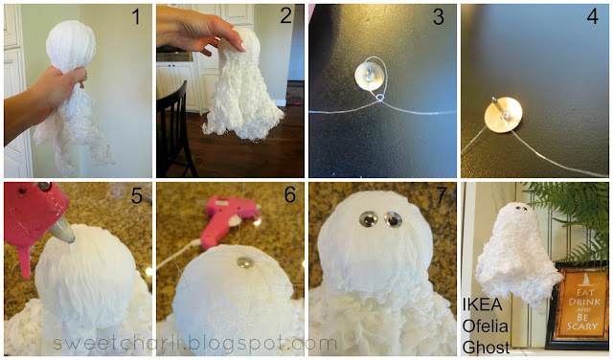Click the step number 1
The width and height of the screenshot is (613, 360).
point(136,17)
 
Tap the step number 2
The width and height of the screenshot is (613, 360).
point(286,16)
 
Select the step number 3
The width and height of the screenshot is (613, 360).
point(439,17)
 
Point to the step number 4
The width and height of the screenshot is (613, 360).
point(592,16)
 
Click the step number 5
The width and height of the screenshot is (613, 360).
point(136,195)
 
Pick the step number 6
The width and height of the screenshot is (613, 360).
point(289,194)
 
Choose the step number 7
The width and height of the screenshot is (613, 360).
point(441,195)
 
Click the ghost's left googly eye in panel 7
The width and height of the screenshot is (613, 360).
point(369,219)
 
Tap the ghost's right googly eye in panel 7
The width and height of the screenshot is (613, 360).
point(393,219)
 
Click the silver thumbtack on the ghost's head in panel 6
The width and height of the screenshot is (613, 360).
point(245,262)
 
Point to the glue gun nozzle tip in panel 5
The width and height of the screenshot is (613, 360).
point(72,238)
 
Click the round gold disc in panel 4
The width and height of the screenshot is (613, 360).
point(504,115)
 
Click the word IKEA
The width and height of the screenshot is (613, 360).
point(483,304)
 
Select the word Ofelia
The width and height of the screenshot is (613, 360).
point(486,326)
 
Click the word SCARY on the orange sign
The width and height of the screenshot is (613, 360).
point(582,326)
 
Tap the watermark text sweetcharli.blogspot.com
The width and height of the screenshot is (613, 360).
point(195,344)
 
